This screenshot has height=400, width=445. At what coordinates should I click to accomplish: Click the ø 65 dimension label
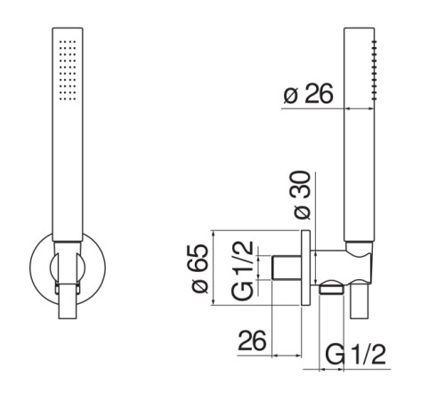(199, 268)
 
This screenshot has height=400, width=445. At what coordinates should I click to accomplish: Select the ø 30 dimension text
(302, 195)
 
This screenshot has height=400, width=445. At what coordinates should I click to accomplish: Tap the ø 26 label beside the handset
(308, 94)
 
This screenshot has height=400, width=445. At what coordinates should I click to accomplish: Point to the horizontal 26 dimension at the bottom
(252, 340)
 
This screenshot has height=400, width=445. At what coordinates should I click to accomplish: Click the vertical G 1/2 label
(243, 271)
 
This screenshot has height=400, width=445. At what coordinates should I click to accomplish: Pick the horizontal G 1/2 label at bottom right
(355, 354)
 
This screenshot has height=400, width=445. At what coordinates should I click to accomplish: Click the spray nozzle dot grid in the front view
(68, 70)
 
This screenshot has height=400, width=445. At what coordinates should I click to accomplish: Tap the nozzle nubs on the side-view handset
(375, 68)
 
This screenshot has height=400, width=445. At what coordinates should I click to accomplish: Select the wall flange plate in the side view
(305, 268)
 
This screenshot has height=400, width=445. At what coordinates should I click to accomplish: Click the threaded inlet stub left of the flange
(287, 268)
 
